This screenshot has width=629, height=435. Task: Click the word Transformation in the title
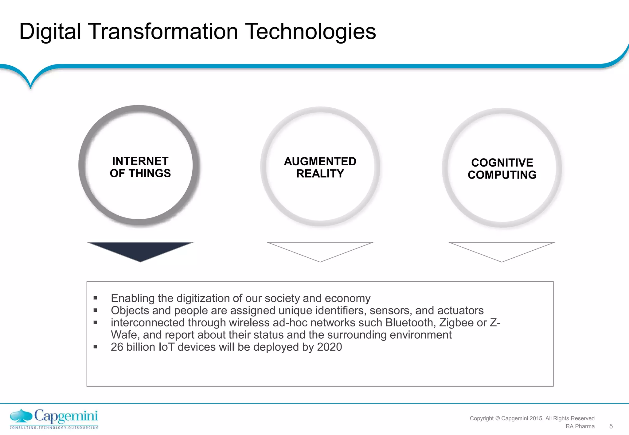click(163, 31)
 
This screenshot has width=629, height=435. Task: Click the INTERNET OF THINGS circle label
click(140, 167)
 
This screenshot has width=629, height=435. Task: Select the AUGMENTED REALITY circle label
click(320, 167)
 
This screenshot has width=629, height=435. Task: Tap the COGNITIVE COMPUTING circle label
click(502, 169)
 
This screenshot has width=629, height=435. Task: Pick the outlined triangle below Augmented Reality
click(320, 250)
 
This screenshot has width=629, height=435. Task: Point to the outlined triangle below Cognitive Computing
click(502, 250)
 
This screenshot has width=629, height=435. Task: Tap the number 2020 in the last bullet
click(329, 347)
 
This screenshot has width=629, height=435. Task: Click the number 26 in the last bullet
click(117, 347)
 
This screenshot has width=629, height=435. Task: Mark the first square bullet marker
click(95, 298)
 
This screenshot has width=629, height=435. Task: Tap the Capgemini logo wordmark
click(66, 416)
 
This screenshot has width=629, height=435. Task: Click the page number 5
click(611, 426)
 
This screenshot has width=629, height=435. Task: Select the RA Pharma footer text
click(580, 426)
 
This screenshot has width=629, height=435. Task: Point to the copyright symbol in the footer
click(497, 418)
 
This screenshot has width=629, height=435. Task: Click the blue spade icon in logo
click(21, 416)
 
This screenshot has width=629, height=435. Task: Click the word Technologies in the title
click(311, 31)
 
